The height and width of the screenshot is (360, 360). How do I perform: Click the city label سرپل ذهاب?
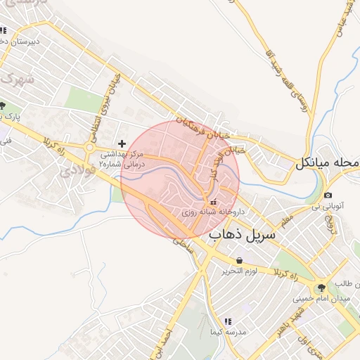tap(243, 236)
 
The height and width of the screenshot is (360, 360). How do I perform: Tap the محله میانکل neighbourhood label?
tap(328, 163)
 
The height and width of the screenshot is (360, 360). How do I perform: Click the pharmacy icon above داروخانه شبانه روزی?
tap(214, 202)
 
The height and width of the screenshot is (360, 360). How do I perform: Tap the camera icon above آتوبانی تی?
tap(328, 195)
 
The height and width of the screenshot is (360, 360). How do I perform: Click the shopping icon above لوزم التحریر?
tap(240, 260)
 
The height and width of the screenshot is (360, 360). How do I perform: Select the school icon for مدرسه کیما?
tap(227, 321)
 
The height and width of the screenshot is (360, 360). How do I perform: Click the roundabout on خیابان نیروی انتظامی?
tap(89, 147)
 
